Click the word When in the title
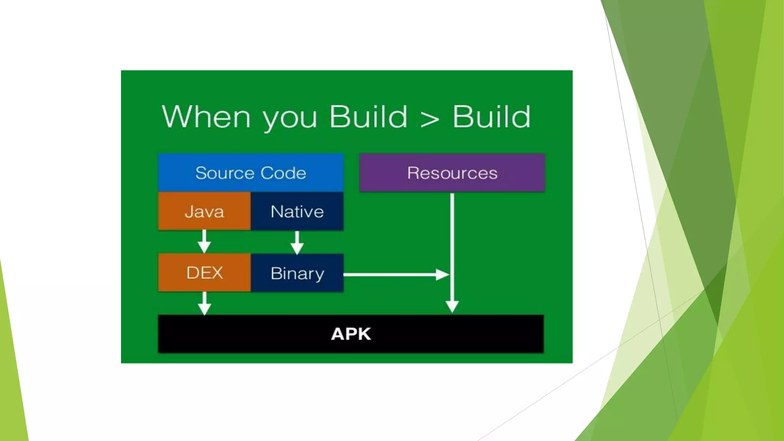click(206, 117)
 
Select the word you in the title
click(290, 119)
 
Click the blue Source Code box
click(251, 173)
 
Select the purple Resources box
click(452, 173)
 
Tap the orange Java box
click(204, 211)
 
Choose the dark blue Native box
click(297, 211)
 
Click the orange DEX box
click(204, 273)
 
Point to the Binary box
click(297, 273)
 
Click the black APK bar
click(351, 334)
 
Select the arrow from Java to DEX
click(204, 242)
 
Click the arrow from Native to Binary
click(297, 243)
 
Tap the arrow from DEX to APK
click(204, 304)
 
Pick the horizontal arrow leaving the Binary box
click(394, 274)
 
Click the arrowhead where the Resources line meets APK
click(452, 307)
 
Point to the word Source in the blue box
click(225, 173)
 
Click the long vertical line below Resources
click(452, 237)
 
